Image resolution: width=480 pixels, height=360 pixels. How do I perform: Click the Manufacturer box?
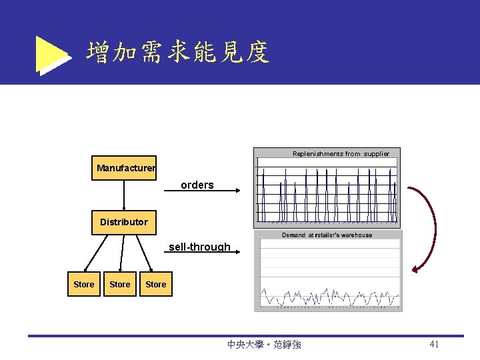pos(125,168)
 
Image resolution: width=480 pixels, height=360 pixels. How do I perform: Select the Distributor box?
pos(124,222)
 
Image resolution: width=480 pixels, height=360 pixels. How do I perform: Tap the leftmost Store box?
pos(84,285)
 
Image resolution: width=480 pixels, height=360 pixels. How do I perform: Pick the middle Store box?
pos(120,285)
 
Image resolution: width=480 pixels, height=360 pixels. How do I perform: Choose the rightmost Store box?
pos(156,285)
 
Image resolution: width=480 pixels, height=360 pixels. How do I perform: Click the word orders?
pos(197,185)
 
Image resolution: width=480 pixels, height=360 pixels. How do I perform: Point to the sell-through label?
pos(199,247)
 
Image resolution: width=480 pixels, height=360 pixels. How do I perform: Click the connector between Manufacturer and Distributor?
pos(125,195)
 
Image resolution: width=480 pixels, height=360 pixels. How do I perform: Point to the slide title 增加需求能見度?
pos(177,52)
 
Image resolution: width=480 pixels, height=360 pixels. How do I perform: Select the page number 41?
pos(434,344)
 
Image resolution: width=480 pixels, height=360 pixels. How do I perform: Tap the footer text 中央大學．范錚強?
pos(264,345)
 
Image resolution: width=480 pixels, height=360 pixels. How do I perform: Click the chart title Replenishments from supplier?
pos(341,154)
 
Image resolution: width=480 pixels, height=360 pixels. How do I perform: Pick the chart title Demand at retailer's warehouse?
pos(327,235)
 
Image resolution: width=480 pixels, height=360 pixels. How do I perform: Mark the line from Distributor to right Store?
pos(148,253)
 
